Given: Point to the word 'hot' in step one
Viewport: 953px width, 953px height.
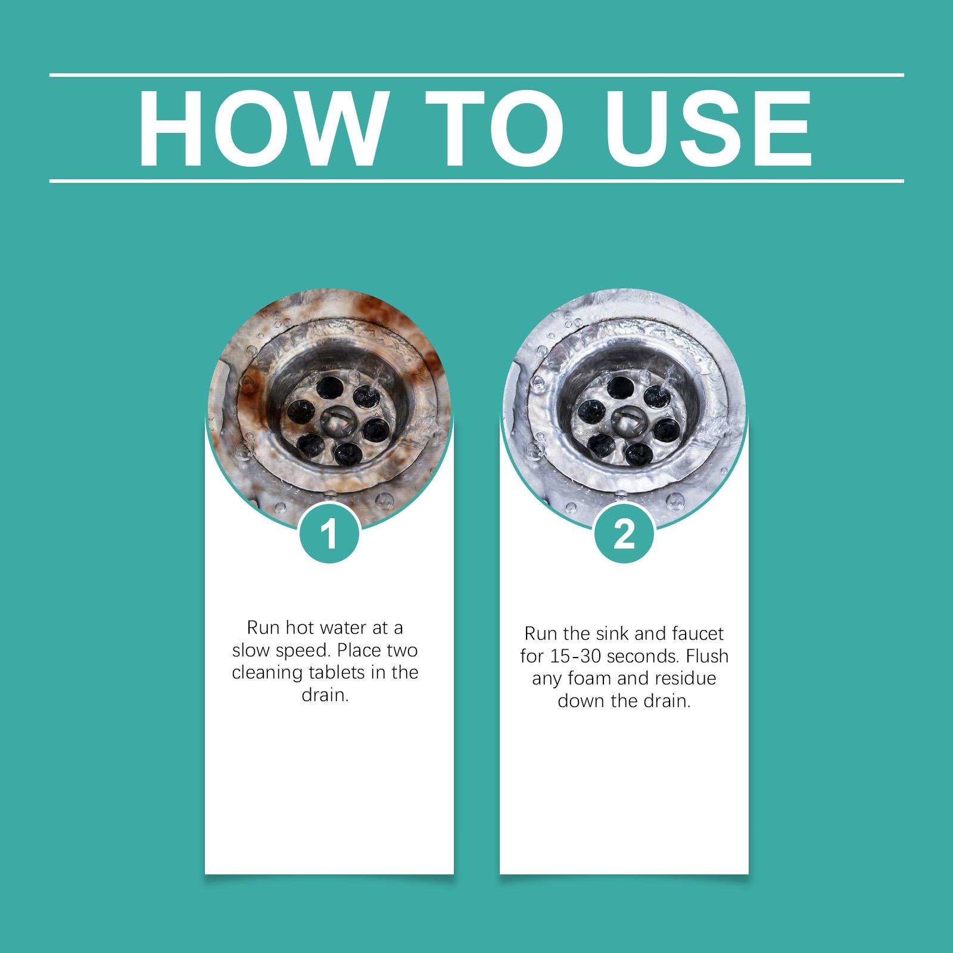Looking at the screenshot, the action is tap(301, 628).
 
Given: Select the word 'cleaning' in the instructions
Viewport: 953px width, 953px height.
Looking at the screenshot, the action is tap(267, 674).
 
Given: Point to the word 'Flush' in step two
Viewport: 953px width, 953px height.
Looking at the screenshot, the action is tap(707, 656).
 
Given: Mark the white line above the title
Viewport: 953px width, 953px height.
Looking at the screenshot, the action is tap(476, 75).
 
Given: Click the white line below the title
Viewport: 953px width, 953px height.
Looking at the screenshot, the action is tap(476, 180).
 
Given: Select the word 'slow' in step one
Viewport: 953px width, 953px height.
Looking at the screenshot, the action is tap(250, 650).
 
